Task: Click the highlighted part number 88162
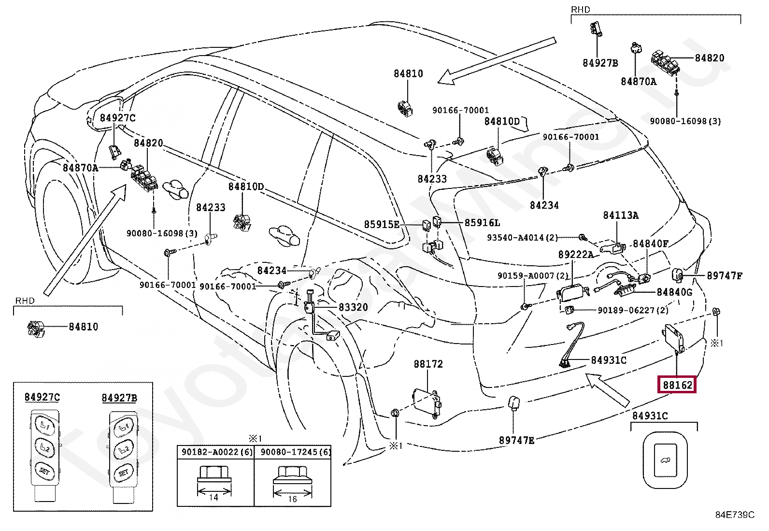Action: coord(677,385)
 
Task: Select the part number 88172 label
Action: coord(428,364)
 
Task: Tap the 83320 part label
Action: coord(353,307)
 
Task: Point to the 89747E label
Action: coord(516,440)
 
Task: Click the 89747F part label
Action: coord(724,276)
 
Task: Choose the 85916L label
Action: coord(482,223)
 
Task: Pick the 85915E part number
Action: coord(382,225)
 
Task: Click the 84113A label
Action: coord(620,215)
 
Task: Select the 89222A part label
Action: coord(575,255)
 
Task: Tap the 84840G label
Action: coord(674,292)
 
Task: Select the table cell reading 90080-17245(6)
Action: coord(293,452)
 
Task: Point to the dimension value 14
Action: coord(214,497)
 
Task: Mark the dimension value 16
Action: coord(292,499)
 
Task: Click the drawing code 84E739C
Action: coord(734,515)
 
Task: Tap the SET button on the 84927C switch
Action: coord(45,471)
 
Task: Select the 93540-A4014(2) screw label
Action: coord(522,238)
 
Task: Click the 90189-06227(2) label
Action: coord(633,310)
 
